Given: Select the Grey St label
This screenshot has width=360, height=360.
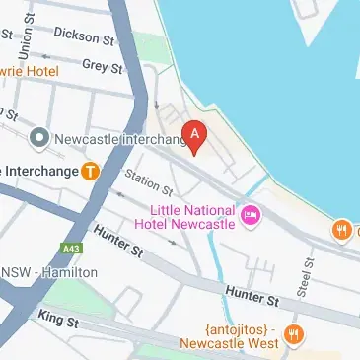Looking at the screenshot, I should (x=101, y=66).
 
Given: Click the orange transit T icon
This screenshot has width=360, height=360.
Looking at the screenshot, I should (x=90, y=171).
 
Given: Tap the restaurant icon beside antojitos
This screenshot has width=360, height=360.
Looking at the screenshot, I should (x=291, y=332).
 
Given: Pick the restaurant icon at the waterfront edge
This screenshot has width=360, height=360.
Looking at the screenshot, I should (x=342, y=230).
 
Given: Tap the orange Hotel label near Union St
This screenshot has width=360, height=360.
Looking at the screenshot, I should (x=30, y=70).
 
